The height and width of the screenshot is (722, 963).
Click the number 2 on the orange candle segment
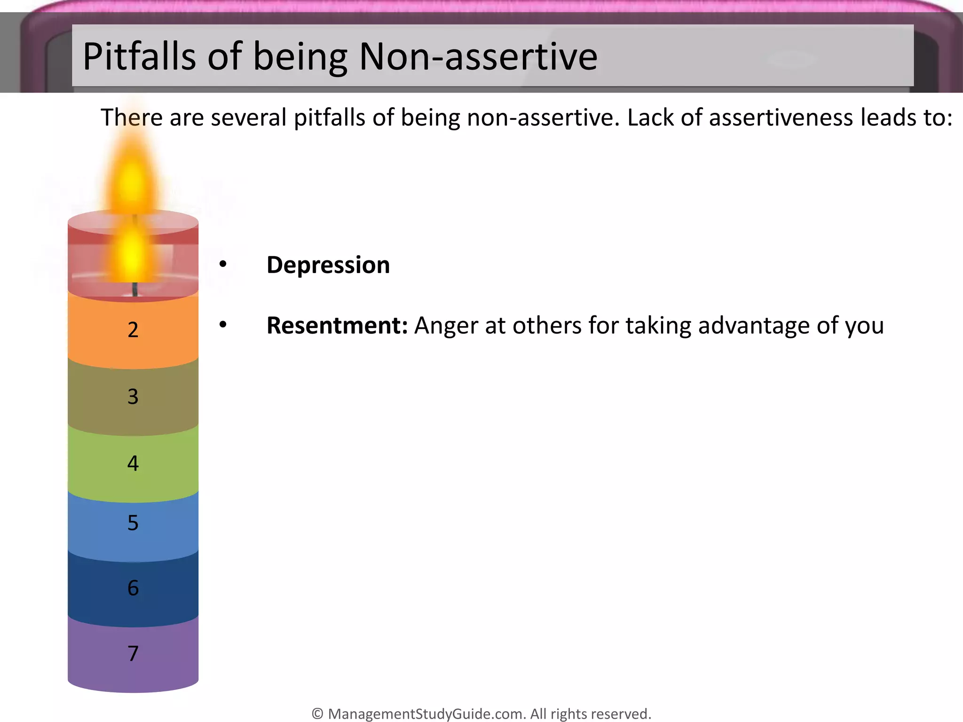133,330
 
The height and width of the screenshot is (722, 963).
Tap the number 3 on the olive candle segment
133,397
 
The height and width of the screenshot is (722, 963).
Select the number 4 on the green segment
133,463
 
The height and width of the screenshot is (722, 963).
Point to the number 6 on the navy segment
133,588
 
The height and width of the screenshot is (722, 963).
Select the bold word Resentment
337,326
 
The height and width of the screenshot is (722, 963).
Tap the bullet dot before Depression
223,264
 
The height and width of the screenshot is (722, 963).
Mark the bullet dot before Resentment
223,324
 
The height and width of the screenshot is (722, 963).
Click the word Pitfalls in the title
139,57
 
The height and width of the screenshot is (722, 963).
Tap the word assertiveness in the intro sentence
781,118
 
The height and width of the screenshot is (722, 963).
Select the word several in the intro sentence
248,118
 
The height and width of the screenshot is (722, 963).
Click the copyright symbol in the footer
317,714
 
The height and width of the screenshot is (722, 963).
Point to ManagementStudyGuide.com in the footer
426,714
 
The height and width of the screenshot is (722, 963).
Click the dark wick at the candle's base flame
135,290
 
